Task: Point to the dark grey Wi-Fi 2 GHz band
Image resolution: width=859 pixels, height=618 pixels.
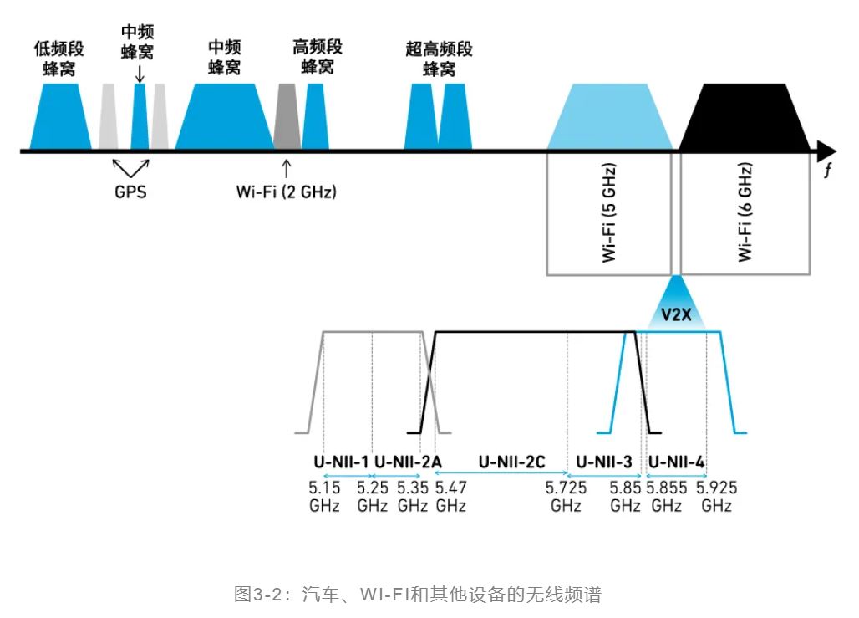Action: click(x=287, y=117)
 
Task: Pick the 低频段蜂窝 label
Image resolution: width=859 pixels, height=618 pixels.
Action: click(x=59, y=57)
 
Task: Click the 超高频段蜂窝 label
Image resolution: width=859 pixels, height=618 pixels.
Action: click(x=439, y=59)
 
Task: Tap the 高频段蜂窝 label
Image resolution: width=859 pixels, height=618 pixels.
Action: click(x=318, y=55)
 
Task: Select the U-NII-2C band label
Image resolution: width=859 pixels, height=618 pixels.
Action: click(x=511, y=461)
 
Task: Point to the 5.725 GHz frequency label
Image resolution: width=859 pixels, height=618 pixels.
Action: click(x=566, y=497)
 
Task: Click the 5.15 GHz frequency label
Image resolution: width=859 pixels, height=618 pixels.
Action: click(x=324, y=497)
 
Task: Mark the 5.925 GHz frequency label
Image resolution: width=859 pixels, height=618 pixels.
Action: click(x=717, y=497)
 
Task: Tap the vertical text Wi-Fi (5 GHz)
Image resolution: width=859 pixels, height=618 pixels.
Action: click(x=609, y=214)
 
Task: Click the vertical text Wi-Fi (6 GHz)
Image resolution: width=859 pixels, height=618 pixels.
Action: click(x=745, y=214)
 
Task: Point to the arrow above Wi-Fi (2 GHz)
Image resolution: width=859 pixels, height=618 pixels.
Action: click(x=287, y=167)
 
